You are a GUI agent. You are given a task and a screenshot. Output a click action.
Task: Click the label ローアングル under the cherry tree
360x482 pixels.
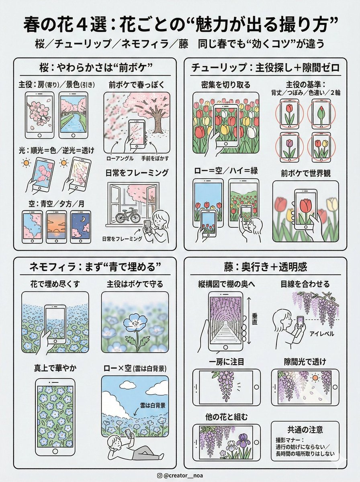119,158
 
